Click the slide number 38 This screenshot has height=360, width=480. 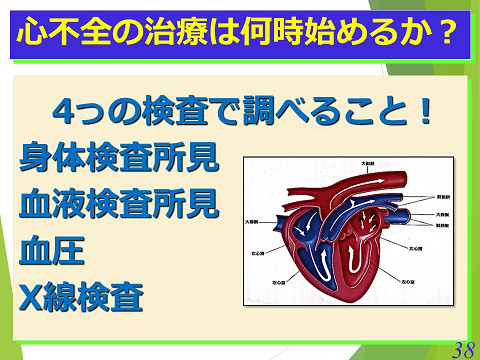coord(461,347)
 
